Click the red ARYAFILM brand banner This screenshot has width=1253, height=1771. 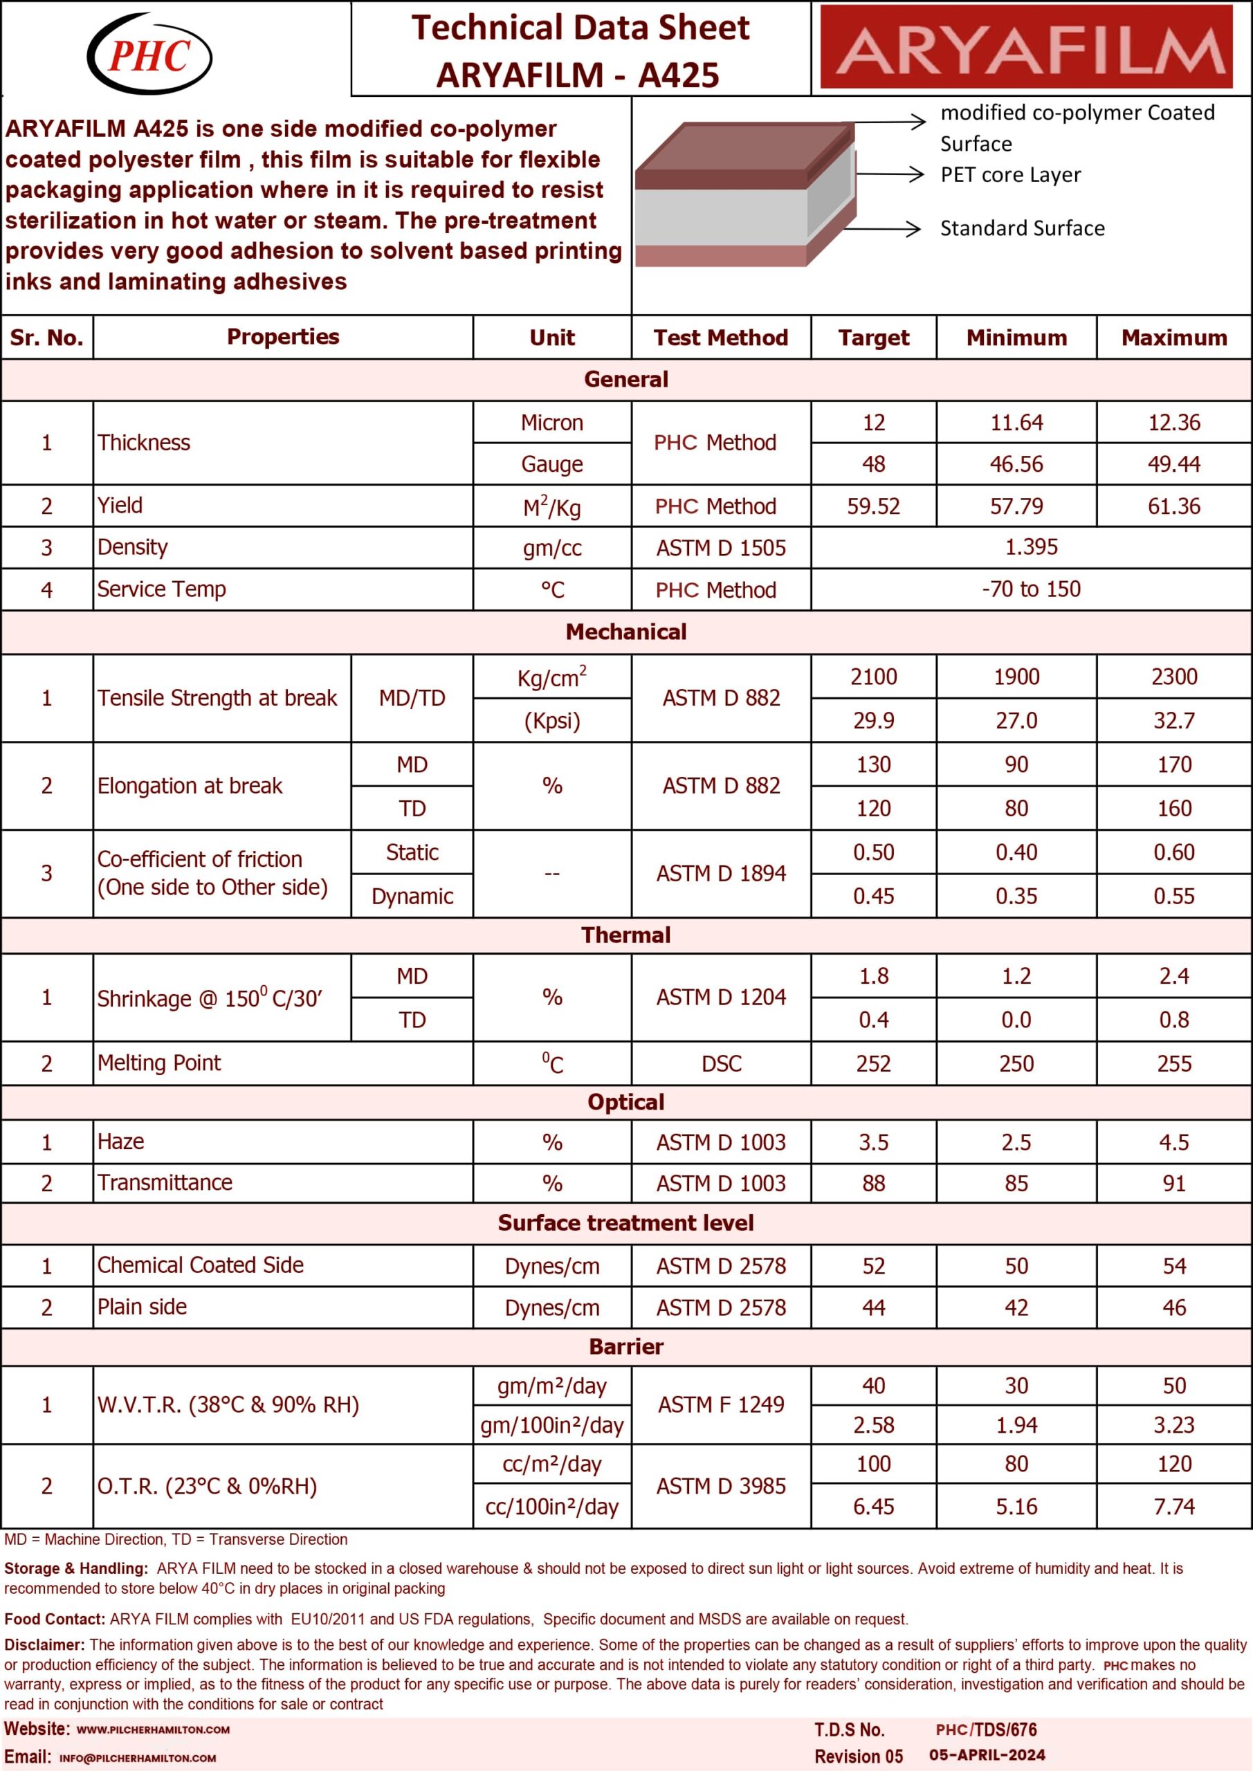click(1032, 48)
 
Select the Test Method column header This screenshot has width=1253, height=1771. click(721, 338)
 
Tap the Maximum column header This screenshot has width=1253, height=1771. click(1173, 338)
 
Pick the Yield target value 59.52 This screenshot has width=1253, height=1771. click(873, 506)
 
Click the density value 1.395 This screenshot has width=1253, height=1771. click(1031, 548)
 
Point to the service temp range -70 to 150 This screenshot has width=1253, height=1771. click(1031, 589)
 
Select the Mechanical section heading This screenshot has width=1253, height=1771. click(625, 632)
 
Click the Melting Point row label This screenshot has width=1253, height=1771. click(159, 1063)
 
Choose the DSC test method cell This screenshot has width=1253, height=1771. click(721, 1064)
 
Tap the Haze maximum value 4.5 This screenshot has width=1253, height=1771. click(1173, 1142)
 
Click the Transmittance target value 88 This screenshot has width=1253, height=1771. click(873, 1183)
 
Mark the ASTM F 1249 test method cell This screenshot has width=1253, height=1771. click(721, 1404)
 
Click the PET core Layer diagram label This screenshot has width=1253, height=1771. click(1010, 175)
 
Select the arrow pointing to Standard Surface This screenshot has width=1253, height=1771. click(887, 228)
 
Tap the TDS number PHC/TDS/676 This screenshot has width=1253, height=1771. click(986, 1729)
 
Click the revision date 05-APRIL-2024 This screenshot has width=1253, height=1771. click(987, 1755)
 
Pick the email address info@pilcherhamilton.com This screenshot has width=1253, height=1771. click(137, 1758)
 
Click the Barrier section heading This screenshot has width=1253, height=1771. click(625, 1347)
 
